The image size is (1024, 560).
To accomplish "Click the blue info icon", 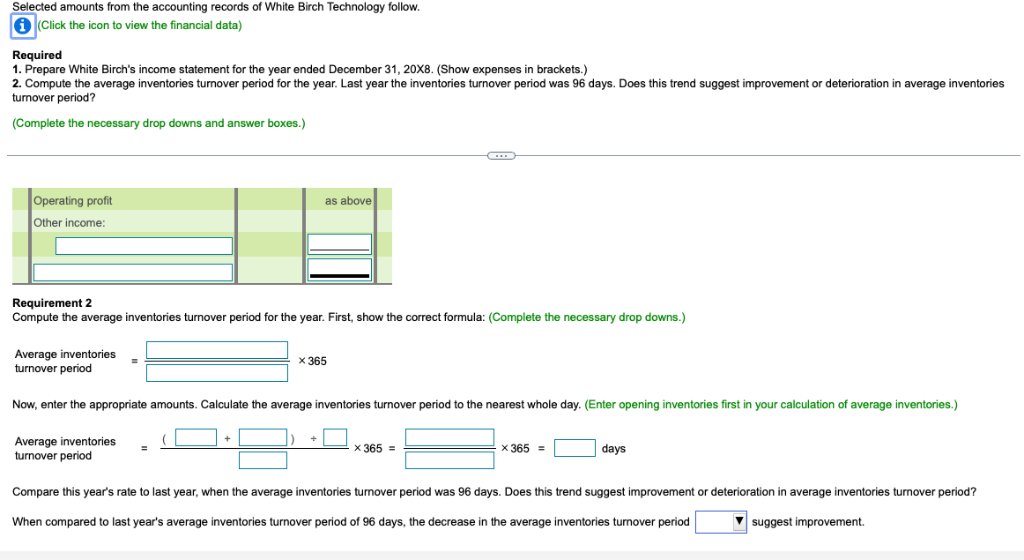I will tap(24, 26).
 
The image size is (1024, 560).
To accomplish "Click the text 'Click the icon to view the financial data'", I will tap(141, 26).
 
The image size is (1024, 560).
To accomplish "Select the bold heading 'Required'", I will tap(37, 55).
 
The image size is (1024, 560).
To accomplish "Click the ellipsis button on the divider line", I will tap(501, 156).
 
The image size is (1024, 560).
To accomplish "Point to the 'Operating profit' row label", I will tap(73, 201).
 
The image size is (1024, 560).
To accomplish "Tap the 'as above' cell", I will tap(348, 201).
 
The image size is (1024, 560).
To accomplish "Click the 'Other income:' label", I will tap(70, 223).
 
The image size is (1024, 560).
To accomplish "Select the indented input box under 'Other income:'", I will tap(144, 246).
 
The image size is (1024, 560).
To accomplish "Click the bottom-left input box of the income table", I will tap(133, 273).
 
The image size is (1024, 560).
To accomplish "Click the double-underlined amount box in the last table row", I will tap(339, 269).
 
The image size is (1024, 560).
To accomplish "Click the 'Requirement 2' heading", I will tap(52, 302).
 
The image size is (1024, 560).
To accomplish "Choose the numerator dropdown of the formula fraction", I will tap(217, 350).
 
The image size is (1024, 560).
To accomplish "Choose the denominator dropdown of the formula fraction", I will tap(217, 372).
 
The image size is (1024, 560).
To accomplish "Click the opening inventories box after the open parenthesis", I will tap(196, 437).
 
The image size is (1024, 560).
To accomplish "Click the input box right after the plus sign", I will tap(263, 437).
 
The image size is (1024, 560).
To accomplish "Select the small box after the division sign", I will tap(335, 437).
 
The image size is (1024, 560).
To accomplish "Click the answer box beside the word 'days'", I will tap(575, 449).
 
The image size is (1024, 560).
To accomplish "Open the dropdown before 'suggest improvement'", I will tap(721, 522).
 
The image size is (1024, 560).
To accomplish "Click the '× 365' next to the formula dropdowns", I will tap(313, 362).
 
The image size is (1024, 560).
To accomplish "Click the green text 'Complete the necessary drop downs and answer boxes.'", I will tap(159, 123).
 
